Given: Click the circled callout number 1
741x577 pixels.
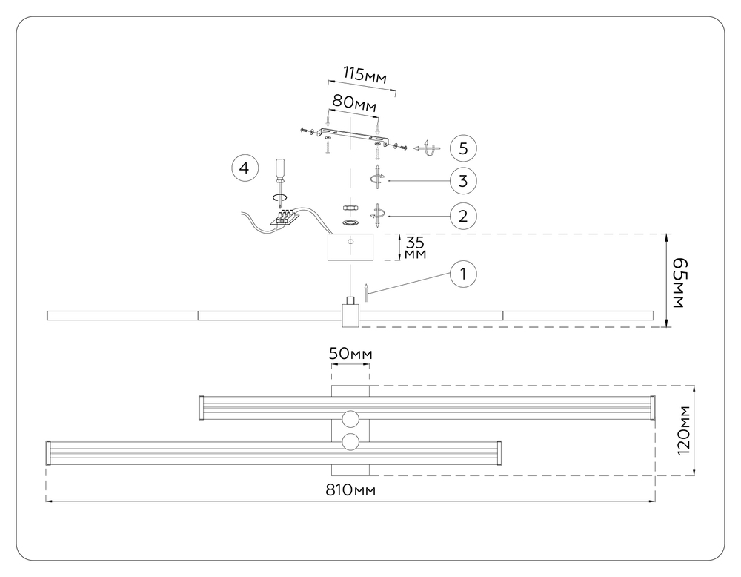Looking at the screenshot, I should click(x=463, y=274).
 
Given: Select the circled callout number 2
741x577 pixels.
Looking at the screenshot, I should click(x=463, y=217).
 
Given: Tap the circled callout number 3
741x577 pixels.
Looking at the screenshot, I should click(x=463, y=180).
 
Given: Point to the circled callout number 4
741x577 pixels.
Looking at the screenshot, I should click(x=243, y=168).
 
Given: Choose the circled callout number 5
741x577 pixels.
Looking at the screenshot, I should click(x=463, y=148).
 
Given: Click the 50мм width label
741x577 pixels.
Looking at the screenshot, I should click(x=350, y=354).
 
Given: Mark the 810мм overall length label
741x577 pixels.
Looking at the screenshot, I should click(x=350, y=491).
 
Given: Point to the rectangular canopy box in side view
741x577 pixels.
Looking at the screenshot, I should click(x=351, y=248).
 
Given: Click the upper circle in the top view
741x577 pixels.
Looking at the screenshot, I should click(x=350, y=418).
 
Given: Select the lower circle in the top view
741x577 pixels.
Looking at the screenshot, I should click(x=350, y=443).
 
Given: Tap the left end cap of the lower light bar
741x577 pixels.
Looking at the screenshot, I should click(x=49, y=453).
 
